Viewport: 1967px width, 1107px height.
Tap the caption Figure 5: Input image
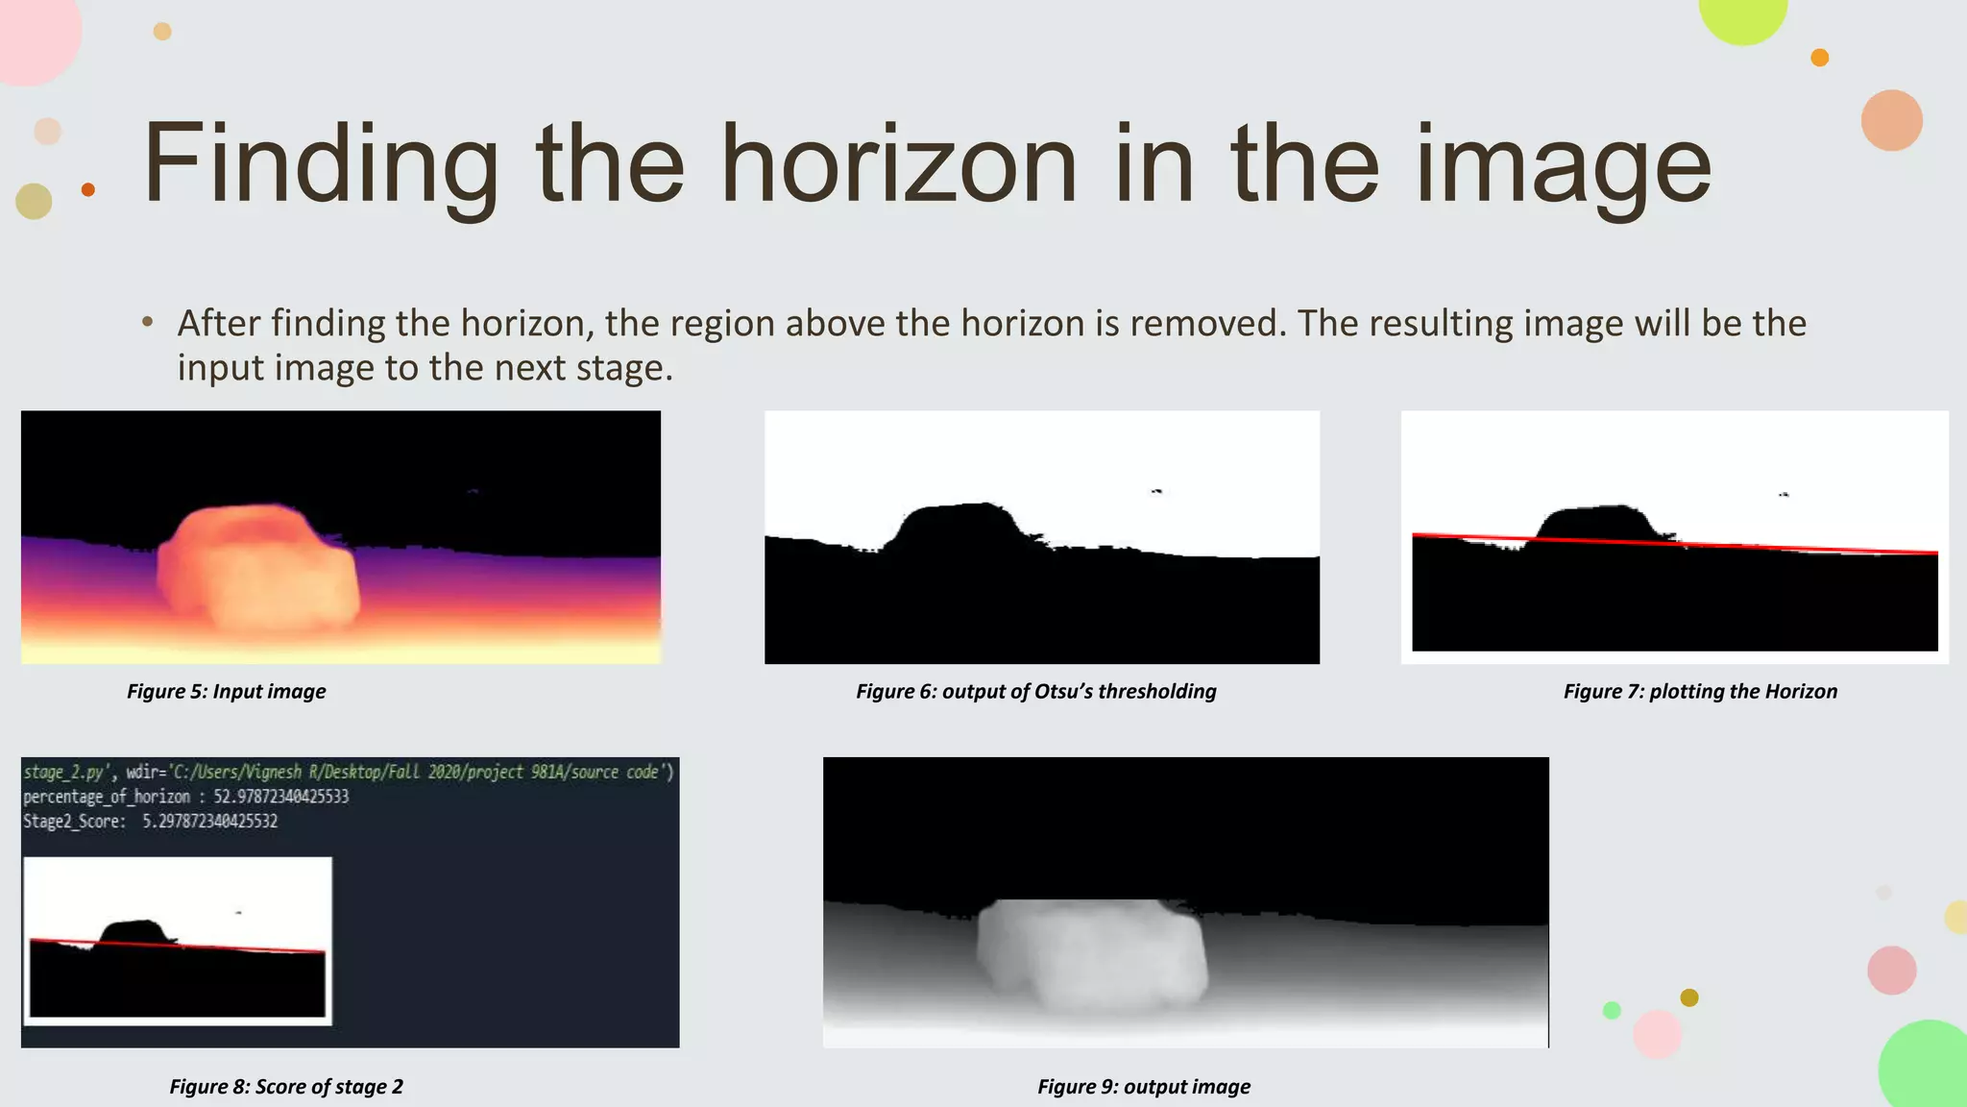(226, 691)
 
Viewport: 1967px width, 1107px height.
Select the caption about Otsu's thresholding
(1035, 691)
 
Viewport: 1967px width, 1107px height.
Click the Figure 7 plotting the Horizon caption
(1699, 691)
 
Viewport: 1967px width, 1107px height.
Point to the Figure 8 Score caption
(285, 1086)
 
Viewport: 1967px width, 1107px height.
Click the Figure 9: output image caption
(1143, 1086)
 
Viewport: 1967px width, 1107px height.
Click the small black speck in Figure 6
(1156, 491)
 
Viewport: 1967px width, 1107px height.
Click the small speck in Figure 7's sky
(1784, 494)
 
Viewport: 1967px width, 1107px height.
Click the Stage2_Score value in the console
(209, 822)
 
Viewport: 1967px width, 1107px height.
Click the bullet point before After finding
(147, 323)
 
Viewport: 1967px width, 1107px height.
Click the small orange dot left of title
(88, 189)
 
